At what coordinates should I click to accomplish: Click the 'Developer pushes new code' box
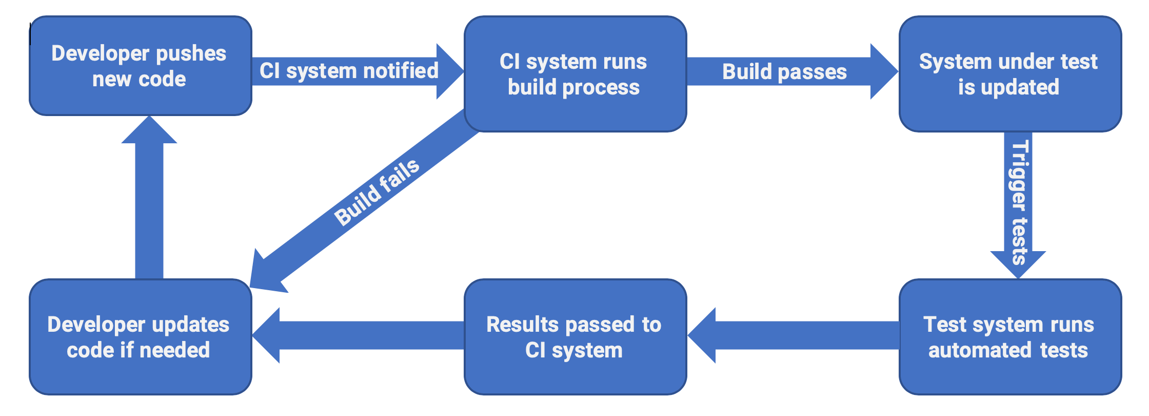(x=140, y=66)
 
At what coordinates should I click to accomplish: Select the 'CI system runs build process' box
(x=575, y=74)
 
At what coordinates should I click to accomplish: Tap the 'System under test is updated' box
(x=1009, y=74)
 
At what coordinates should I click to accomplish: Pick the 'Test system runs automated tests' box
(x=1009, y=337)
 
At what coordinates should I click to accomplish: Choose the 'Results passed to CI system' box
(x=575, y=337)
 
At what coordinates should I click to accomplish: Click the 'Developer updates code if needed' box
(x=140, y=337)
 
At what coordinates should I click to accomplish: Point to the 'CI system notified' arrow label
(x=349, y=71)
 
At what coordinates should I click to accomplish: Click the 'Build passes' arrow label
(x=784, y=72)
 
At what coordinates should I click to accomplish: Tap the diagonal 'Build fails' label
(x=377, y=193)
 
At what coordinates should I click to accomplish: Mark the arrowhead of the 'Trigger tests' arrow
(x=1018, y=264)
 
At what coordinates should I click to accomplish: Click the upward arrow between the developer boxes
(x=149, y=205)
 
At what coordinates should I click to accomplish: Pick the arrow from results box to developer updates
(x=359, y=335)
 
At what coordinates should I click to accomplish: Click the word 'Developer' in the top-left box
(x=100, y=54)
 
